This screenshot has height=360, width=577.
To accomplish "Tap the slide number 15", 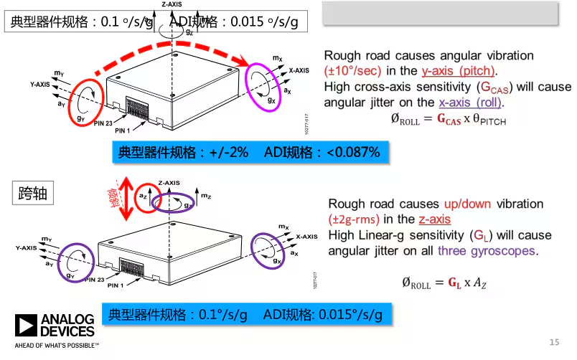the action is pos(553,341).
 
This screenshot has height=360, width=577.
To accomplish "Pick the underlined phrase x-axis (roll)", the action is pos(472,102).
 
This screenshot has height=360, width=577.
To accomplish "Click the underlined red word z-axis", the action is pos(434,219).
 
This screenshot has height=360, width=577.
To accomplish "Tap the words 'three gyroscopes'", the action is pos(497,251).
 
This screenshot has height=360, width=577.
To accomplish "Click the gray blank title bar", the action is pos(438,12).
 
